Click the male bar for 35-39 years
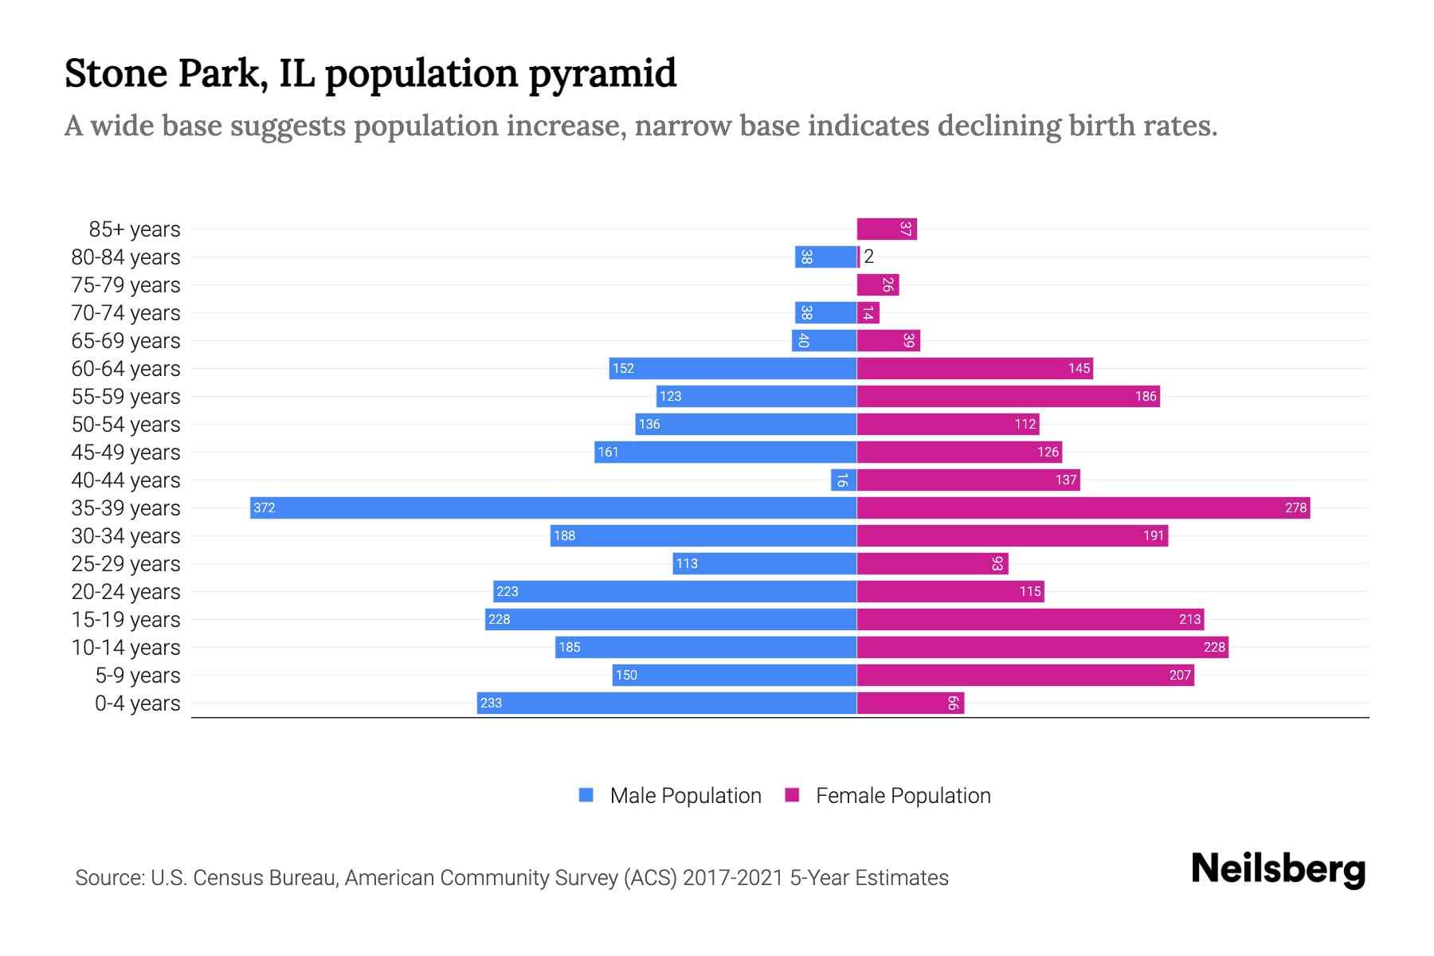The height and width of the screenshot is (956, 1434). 553,507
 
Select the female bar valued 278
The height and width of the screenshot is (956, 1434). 1083,507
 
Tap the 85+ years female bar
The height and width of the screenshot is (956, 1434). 886,229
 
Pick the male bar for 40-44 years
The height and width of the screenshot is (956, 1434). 843,480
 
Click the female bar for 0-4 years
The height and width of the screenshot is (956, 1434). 910,703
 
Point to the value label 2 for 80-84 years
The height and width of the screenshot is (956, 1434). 869,257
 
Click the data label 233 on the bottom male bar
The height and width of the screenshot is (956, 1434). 492,703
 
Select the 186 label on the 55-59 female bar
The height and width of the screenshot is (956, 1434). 1146,396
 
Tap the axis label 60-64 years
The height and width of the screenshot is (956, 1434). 126,369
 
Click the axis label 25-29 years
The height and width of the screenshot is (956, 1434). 126,564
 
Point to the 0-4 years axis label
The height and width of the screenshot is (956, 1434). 137,703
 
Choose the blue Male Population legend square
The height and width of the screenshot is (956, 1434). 586,795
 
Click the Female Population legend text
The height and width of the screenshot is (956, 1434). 903,796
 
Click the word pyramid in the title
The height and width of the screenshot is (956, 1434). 602,73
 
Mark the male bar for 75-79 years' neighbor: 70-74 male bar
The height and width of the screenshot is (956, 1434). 825,312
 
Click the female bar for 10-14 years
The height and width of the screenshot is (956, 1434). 1042,647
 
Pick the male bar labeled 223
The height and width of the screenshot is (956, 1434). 675,591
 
